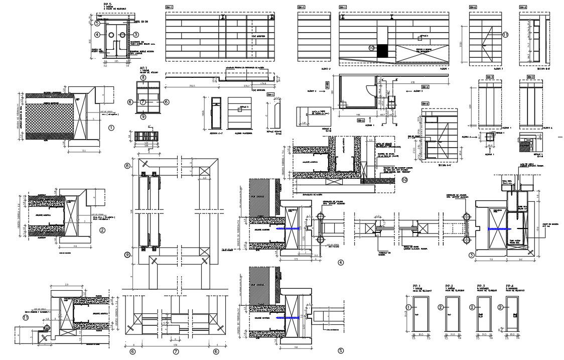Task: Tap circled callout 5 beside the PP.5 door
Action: click(x=98, y=23)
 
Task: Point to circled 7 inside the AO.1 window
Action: click(x=144, y=101)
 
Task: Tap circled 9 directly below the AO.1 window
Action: click(x=144, y=116)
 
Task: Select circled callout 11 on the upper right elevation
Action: click(x=505, y=35)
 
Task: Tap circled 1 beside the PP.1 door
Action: click(x=409, y=307)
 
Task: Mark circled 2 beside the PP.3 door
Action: click(x=472, y=307)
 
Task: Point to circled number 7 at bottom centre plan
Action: click(x=176, y=351)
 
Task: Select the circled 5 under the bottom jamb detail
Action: click(x=341, y=351)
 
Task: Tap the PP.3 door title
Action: click(x=481, y=286)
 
